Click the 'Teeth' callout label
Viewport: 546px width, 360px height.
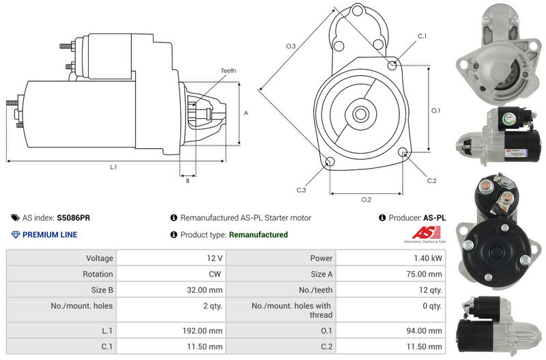tap(228, 71)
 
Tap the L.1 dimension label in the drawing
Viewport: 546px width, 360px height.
tap(113, 167)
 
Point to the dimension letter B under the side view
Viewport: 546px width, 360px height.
tap(188, 181)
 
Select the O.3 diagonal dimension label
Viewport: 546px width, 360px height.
tap(291, 46)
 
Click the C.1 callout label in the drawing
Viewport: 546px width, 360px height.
tap(422, 36)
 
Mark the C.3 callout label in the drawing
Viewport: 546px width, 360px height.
tap(301, 190)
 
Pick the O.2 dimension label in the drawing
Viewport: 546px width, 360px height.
tap(367, 199)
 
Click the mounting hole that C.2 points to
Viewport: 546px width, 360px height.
tap(403, 152)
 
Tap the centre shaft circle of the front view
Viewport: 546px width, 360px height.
tap(360, 113)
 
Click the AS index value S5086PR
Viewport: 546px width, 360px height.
tap(74, 218)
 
